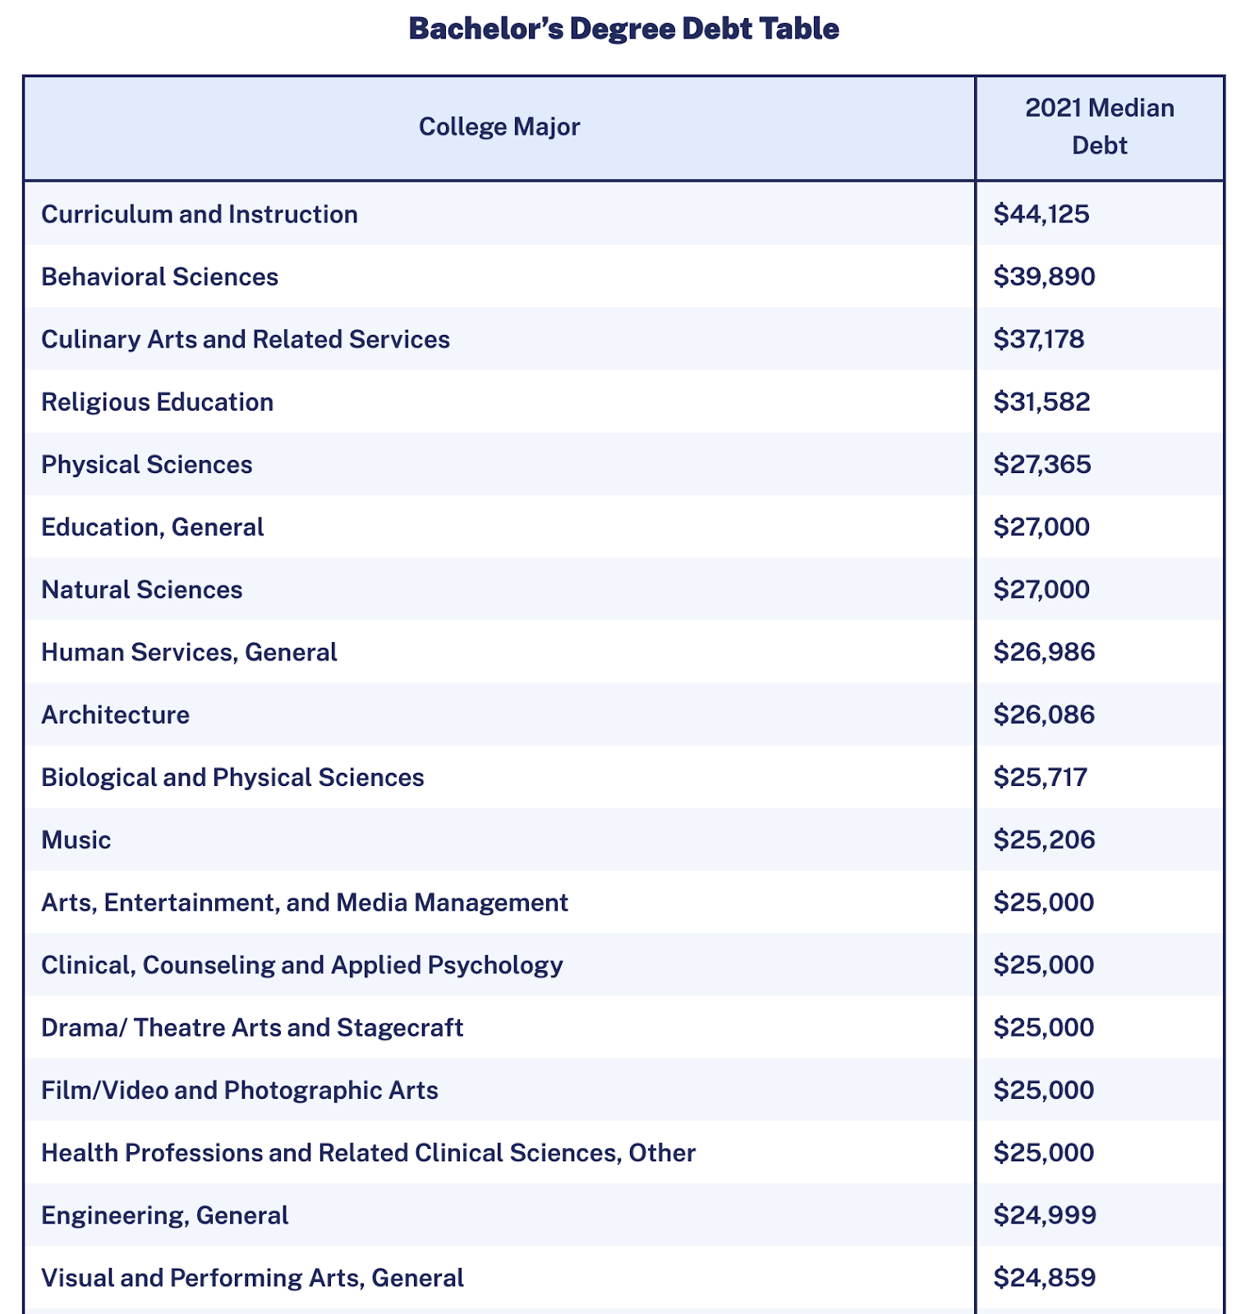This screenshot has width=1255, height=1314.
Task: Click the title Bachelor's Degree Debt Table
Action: [x=623, y=30]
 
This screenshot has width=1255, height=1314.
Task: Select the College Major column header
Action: [x=499, y=127]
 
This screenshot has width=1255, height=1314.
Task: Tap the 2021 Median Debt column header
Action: [x=1100, y=127]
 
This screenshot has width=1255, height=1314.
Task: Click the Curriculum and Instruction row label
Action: [x=200, y=214]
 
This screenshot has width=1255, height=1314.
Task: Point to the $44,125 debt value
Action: [x=1041, y=214]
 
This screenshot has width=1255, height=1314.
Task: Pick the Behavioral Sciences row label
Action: [x=160, y=277]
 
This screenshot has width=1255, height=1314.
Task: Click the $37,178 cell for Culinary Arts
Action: [x=1039, y=339]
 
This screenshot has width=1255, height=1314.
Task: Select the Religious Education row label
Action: [x=158, y=402]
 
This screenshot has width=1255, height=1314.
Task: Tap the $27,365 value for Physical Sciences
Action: [x=1042, y=465]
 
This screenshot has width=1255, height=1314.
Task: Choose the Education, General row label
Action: [x=153, y=527]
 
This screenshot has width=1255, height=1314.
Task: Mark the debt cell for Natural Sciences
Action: [x=1041, y=590]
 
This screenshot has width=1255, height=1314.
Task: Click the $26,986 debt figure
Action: [x=1044, y=652]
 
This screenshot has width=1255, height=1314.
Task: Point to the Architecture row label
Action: [x=116, y=714]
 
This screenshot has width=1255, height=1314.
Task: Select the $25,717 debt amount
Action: [x=1041, y=777]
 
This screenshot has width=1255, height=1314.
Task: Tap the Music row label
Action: [x=76, y=840]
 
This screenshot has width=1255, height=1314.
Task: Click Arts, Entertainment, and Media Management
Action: [x=305, y=903]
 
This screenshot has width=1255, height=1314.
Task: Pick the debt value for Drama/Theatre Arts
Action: [x=1044, y=1027]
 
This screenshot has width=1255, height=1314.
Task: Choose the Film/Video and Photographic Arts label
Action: [x=240, y=1090]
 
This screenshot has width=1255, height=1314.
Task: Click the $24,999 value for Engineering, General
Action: [x=1045, y=1215]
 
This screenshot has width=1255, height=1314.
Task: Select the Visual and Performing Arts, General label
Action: [x=253, y=1278]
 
